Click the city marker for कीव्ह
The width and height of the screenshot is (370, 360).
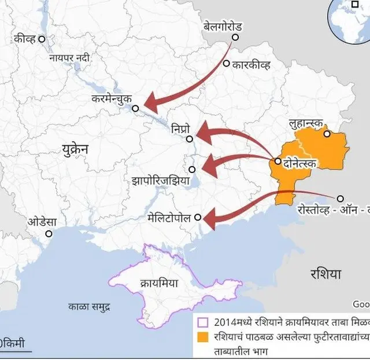click(x=42, y=39)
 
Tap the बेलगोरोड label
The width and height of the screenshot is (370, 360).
click(x=223, y=27)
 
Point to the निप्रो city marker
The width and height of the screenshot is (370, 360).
click(x=190, y=139)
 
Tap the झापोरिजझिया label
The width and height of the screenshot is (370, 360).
click(x=161, y=180)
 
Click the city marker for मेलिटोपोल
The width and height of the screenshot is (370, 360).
click(x=198, y=218)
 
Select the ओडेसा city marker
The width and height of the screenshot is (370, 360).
click(x=49, y=234)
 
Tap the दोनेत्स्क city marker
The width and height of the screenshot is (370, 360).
click(x=278, y=161)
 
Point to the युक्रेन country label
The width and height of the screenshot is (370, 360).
click(x=75, y=149)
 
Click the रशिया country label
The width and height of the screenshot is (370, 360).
click(x=325, y=273)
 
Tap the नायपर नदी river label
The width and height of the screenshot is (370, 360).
click(x=69, y=58)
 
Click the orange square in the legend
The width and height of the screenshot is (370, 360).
click(x=202, y=337)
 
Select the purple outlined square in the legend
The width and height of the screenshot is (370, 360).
click(x=202, y=322)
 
